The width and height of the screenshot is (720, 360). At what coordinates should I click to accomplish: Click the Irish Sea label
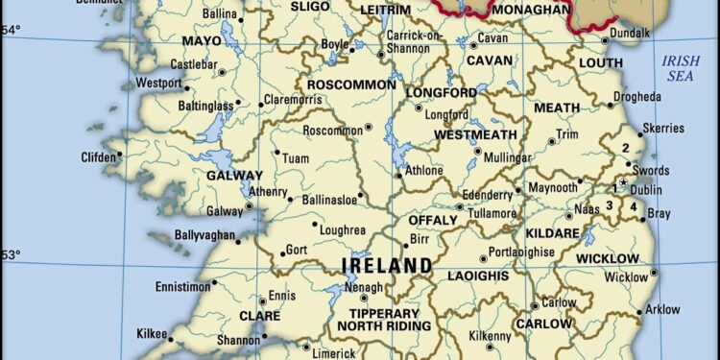683,69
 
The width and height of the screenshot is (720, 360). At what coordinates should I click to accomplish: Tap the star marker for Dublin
623,182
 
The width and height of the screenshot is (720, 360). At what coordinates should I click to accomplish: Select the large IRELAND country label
387,265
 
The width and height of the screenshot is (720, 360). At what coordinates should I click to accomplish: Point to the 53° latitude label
9,254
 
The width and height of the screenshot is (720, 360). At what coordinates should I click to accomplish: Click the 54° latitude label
9,30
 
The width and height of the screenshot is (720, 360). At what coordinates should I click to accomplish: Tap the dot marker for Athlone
399,176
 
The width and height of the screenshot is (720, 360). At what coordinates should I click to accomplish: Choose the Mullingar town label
506,156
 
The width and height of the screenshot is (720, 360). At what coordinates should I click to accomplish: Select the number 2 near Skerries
625,148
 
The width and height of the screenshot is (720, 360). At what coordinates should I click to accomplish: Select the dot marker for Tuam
276,152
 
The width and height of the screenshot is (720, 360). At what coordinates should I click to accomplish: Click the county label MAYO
202,42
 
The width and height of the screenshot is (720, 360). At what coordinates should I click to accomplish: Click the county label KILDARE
553,233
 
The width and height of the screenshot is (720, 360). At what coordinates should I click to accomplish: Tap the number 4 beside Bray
634,205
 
